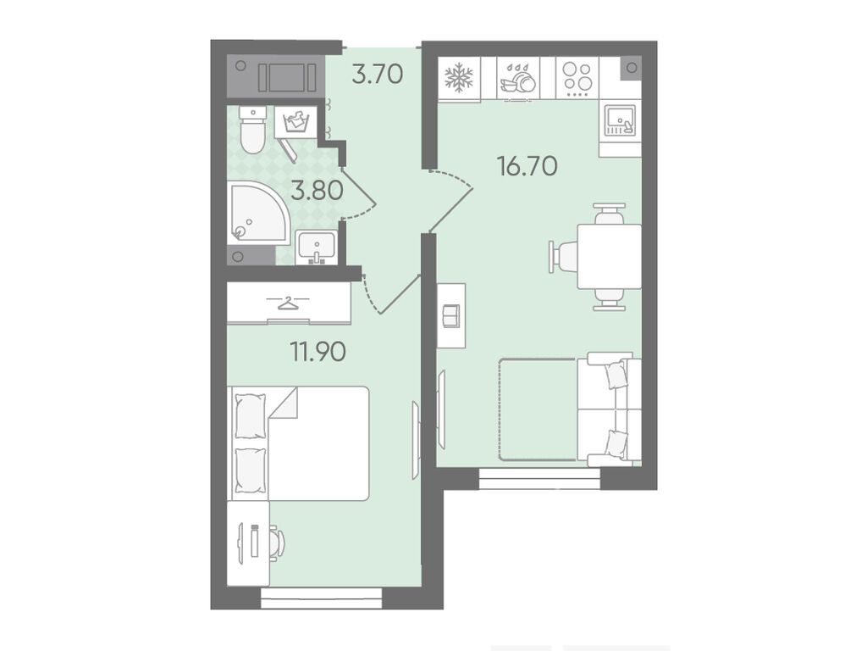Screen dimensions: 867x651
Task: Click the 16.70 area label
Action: tap(527, 165)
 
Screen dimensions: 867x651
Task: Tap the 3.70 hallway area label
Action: tap(378, 75)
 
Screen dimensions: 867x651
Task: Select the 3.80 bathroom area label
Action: tap(318, 191)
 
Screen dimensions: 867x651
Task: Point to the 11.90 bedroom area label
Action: tap(318, 351)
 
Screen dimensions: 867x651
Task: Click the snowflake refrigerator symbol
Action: tap(460, 78)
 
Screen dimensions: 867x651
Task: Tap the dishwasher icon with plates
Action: tap(519, 78)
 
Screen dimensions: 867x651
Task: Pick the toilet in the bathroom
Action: tap(252, 130)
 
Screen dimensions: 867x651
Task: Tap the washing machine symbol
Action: tap(299, 120)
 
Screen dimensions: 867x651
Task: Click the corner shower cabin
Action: tap(258, 213)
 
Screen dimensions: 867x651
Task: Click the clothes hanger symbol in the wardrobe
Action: tap(288, 303)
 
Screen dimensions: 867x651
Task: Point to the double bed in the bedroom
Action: tap(299, 443)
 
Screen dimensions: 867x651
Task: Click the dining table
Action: tap(610, 256)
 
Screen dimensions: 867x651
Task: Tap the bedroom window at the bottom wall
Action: tap(321, 598)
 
